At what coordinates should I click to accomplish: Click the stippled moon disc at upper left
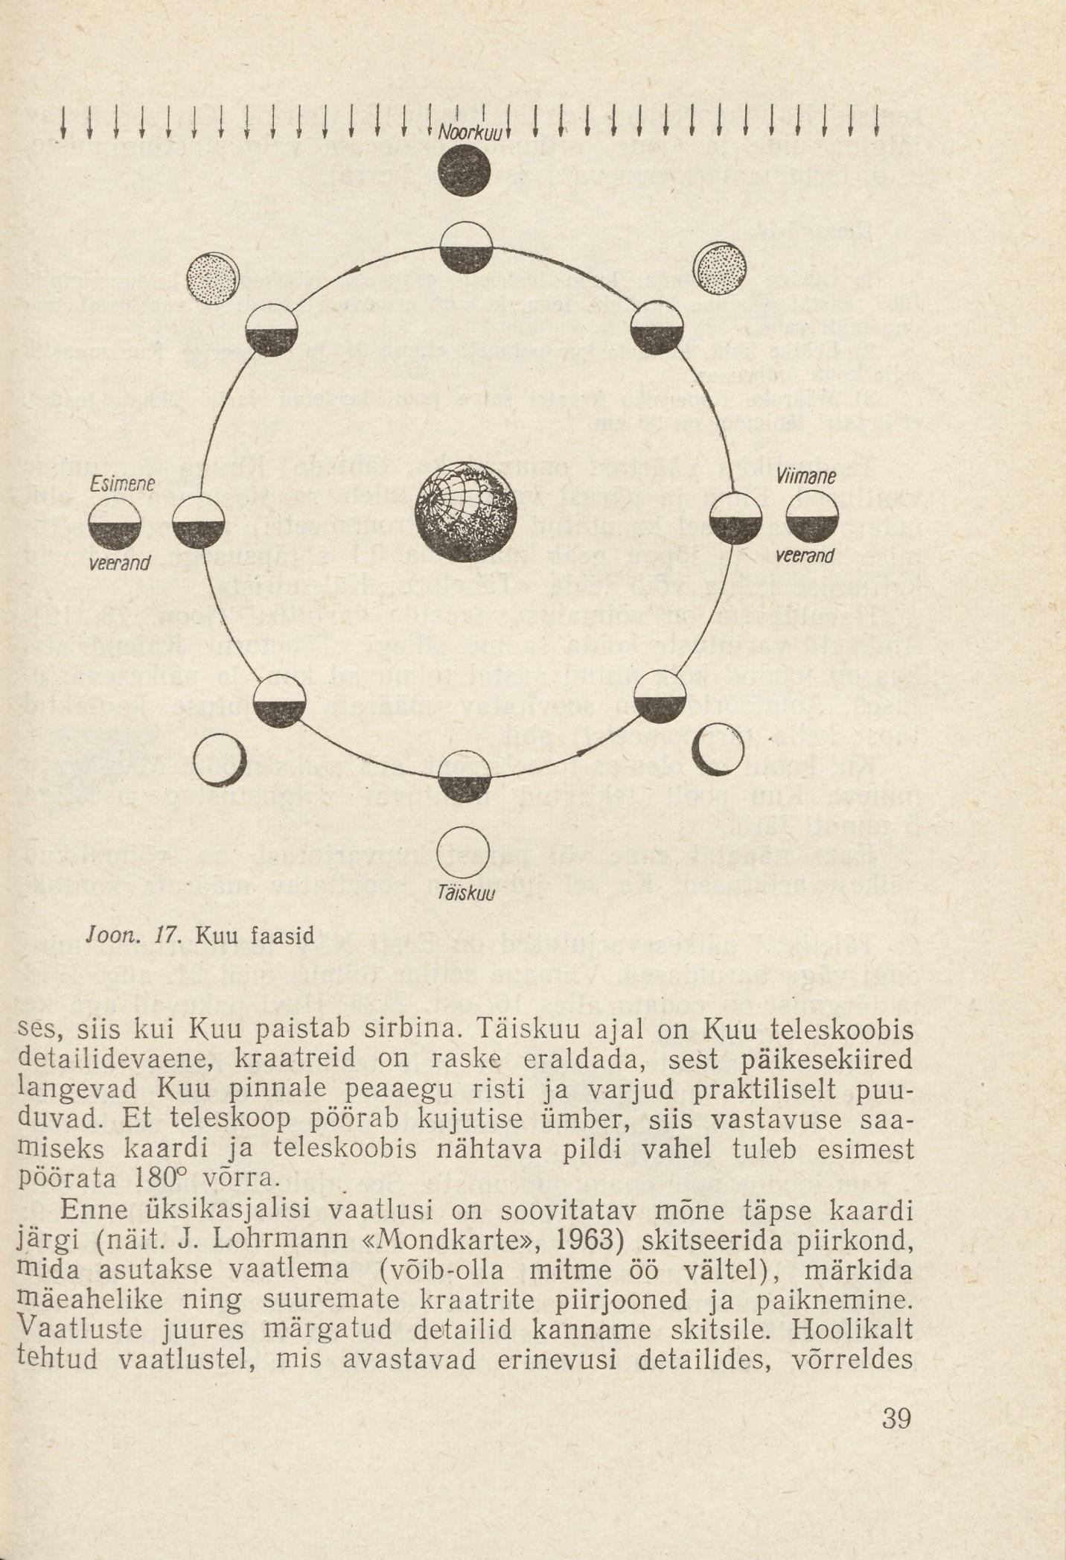[213, 278]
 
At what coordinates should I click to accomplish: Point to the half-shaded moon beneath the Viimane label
[811, 517]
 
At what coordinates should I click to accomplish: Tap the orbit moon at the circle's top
[466, 248]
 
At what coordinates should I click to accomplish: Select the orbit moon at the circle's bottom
[465, 778]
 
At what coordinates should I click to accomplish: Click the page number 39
[896, 1419]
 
